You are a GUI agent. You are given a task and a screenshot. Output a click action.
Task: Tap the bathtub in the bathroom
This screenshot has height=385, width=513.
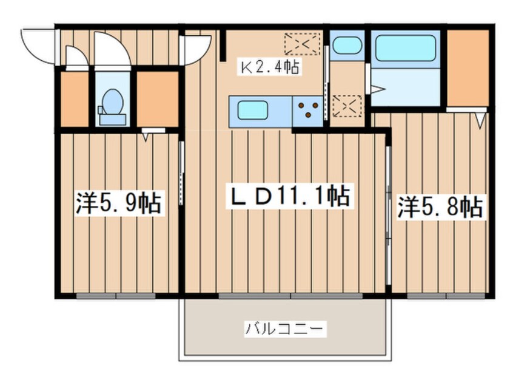pyautogui.click(x=406, y=49)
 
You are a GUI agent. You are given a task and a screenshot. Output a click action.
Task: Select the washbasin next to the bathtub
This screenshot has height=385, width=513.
pyautogui.click(x=346, y=46)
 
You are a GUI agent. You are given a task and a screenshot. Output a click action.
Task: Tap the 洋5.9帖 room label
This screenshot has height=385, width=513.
pyautogui.click(x=119, y=203)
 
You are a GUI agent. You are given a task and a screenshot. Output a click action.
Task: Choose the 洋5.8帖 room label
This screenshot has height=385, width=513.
pyautogui.click(x=440, y=207)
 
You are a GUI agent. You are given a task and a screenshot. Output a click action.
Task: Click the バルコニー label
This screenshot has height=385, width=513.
pyautogui.click(x=286, y=330)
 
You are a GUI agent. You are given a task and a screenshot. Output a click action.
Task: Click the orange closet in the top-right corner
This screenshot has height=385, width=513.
pyautogui.click(x=468, y=67)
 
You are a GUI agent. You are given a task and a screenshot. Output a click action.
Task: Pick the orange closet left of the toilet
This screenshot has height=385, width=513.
pyautogui.click(x=75, y=99)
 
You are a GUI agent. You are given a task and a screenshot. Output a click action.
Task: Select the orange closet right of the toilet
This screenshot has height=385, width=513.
pyautogui.click(x=156, y=99)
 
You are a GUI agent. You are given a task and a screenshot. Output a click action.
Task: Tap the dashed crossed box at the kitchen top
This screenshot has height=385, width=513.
pyautogui.click(x=302, y=44)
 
